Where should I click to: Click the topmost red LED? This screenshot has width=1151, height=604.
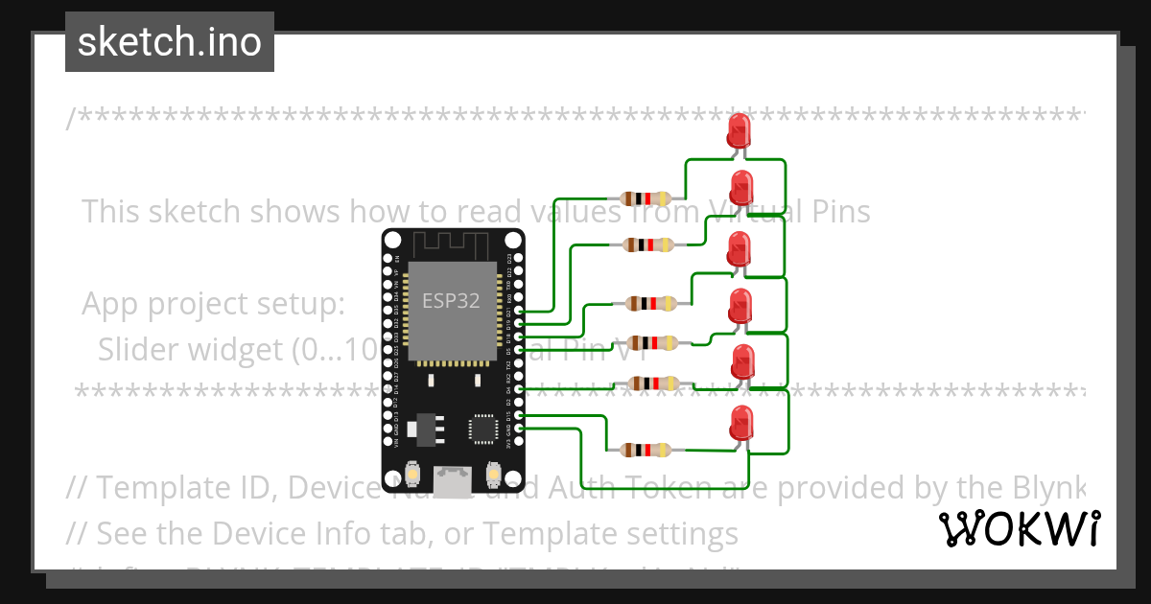tap(739, 129)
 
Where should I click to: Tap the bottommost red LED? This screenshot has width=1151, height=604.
tap(740, 422)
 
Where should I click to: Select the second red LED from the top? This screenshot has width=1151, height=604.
tap(741, 186)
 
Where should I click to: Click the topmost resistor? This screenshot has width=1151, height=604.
tap(646, 198)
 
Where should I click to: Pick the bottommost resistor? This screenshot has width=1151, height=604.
tap(646, 450)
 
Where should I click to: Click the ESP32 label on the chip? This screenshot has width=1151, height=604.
tap(452, 300)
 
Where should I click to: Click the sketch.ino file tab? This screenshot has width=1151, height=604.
tap(170, 42)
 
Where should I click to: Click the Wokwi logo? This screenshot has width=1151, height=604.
tap(1020, 528)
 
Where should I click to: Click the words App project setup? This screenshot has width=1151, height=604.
tap(213, 304)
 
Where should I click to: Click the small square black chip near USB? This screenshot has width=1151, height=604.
tap(482, 428)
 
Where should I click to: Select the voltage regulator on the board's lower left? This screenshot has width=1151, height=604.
tap(422, 429)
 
